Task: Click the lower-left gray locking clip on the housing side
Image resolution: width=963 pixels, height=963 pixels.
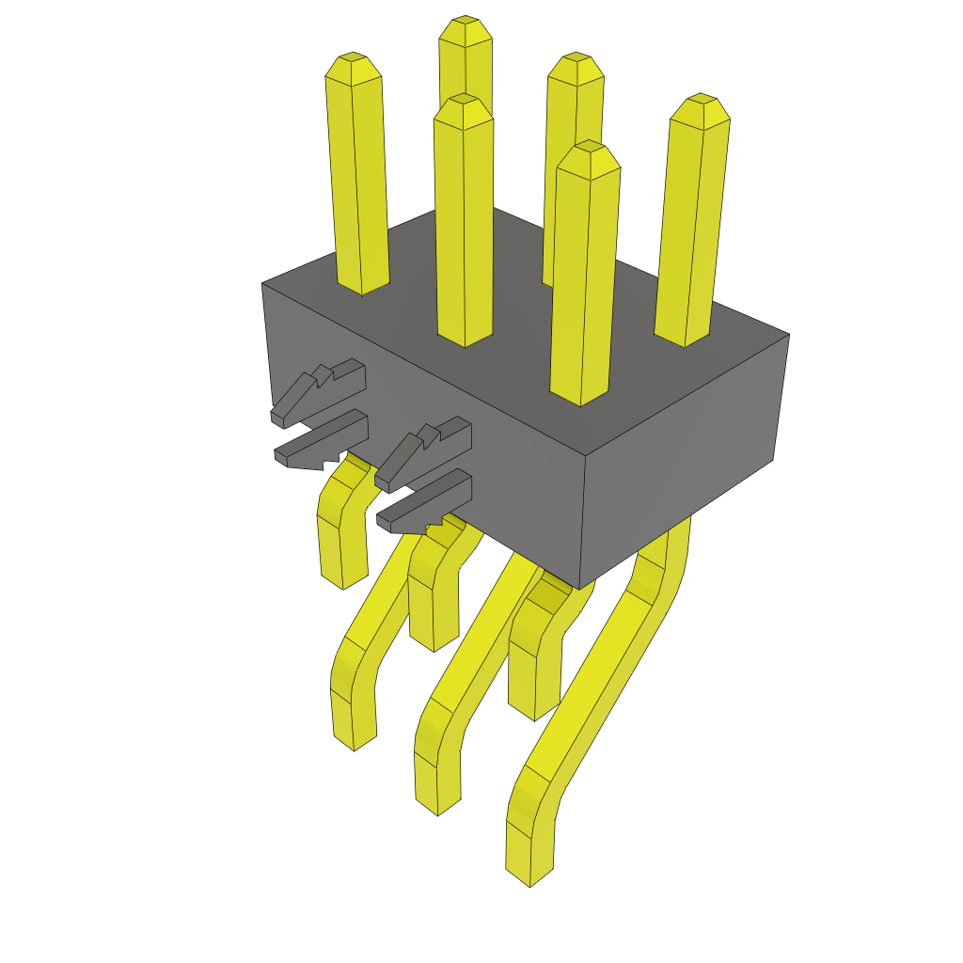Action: click(320, 442)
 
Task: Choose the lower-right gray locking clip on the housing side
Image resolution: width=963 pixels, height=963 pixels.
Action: click(423, 503)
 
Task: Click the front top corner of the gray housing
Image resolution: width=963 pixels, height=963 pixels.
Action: click(585, 459)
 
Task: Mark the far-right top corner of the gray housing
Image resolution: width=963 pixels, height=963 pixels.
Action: click(788, 334)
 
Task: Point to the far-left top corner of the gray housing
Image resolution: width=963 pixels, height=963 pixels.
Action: click(262, 283)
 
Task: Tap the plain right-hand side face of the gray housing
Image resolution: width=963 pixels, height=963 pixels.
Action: click(682, 461)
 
